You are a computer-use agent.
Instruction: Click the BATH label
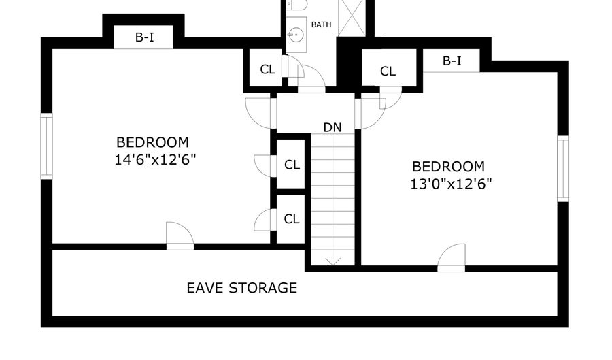coord(321,24)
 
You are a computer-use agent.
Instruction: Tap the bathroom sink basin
coord(296,35)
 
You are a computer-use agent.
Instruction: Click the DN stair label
coord(333,127)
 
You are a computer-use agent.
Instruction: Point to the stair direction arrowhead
coord(333,261)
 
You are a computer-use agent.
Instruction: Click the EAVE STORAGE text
coord(241,288)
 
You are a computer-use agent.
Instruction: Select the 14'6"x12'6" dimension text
coord(155,160)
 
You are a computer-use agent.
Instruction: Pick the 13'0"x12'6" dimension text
coord(451,184)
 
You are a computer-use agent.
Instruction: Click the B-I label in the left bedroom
coord(144,37)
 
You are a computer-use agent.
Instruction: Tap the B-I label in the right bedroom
coord(452,61)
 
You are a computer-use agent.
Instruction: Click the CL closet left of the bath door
coord(267,69)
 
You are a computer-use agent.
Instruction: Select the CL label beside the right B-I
coord(388,71)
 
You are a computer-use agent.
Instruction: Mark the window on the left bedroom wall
coord(46,146)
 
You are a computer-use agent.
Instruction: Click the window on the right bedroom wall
coord(563,169)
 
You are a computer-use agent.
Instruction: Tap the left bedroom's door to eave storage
coord(180,236)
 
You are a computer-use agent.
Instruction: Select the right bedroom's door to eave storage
coord(452,258)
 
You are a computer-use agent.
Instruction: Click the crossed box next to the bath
coord(352,18)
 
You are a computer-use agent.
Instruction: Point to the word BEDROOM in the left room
coord(152,142)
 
